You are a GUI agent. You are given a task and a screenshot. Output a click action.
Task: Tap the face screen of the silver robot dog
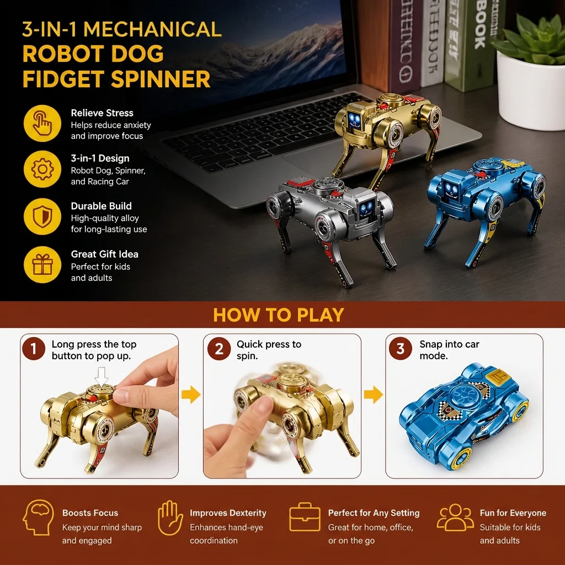click(366, 208)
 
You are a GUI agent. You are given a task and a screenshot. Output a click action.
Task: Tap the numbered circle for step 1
click(34, 349)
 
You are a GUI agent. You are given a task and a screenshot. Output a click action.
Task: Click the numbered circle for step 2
click(218, 349)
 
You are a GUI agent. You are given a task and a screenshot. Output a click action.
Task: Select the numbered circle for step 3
click(401, 349)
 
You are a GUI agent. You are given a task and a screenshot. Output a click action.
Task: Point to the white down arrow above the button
click(102, 376)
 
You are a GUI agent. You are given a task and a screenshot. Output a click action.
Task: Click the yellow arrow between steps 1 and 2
click(191, 394)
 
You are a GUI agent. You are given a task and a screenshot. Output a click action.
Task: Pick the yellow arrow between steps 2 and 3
click(374, 394)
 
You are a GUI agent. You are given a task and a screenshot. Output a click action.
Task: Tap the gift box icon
click(42, 264)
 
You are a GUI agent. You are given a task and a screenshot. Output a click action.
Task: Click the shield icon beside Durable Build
click(42, 216)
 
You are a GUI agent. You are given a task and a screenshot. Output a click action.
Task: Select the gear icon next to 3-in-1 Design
click(42, 169)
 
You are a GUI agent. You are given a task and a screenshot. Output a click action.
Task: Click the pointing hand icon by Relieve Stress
click(42, 123)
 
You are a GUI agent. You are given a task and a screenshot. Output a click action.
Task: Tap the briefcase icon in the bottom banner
click(305, 517)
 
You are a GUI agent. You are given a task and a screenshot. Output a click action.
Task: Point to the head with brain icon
click(38, 518)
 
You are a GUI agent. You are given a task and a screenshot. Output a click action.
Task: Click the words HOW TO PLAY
click(279, 315)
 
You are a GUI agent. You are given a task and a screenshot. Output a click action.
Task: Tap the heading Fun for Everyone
click(513, 513)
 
